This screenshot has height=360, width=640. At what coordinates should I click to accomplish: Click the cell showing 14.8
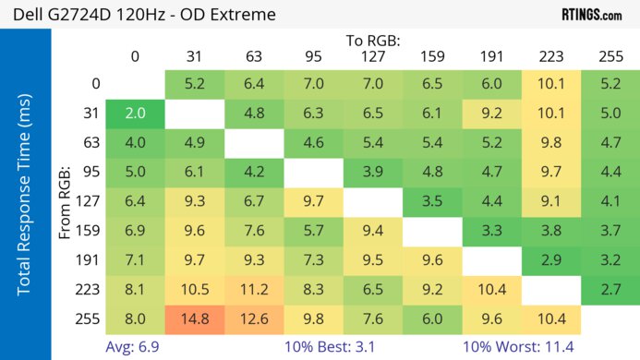(x=194, y=318)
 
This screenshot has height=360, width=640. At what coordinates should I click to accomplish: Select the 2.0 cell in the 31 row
(x=135, y=114)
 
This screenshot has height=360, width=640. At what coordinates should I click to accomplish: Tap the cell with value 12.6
(x=254, y=318)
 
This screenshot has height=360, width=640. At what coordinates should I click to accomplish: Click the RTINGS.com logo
(x=591, y=15)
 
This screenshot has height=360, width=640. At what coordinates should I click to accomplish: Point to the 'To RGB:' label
(x=373, y=41)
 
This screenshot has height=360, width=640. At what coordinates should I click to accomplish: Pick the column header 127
(x=373, y=56)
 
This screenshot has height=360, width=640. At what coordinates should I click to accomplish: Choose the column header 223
(x=551, y=56)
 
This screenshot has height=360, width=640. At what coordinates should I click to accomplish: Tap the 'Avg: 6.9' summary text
(x=135, y=347)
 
